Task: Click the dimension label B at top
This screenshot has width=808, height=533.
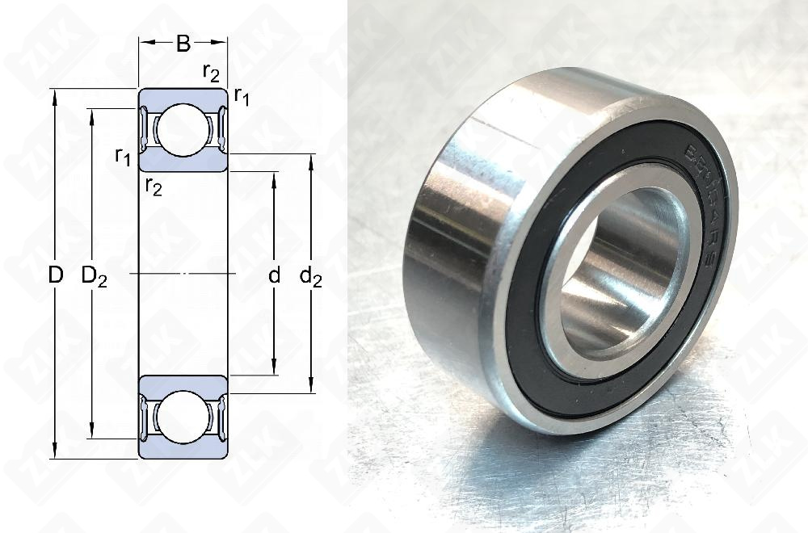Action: [x=183, y=44]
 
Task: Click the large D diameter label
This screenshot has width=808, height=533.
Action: [x=55, y=275]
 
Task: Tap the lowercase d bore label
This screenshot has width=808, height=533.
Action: [x=274, y=275]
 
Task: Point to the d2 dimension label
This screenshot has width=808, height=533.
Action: [x=311, y=276]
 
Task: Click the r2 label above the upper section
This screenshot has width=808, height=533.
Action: [x=211, y=73]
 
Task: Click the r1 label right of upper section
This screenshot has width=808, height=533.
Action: [x=242, y=97]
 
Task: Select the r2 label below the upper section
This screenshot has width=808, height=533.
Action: [x=154, y=187]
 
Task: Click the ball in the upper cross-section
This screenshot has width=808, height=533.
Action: [x=183, y=130]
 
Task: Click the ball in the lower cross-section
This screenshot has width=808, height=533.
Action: [x=183, y=418]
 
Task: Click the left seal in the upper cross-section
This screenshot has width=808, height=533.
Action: [x=145, y=130]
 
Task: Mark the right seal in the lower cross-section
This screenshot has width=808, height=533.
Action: [x=218, y=418]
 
